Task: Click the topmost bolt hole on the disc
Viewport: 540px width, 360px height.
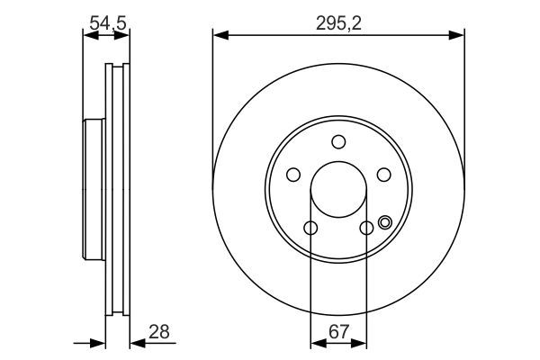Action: tap(338, 141)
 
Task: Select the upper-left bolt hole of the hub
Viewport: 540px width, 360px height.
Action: tap(292, 175)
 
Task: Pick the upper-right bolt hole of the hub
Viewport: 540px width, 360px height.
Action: tap(383, 175)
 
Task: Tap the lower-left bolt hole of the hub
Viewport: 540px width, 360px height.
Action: tap(310, 229)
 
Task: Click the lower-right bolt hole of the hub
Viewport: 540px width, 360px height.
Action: tap(366, 229)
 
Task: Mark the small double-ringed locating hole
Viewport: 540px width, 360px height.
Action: tap(386, 223)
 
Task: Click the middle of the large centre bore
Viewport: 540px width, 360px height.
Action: tap(338, 190)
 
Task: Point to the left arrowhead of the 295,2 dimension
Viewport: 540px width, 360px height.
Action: tap(219, 36)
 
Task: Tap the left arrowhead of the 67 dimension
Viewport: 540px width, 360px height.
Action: tap(315, 342)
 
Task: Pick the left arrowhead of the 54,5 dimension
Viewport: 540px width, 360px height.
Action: tap(87, 37)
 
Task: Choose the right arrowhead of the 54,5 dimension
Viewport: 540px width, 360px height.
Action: tap(125, 37)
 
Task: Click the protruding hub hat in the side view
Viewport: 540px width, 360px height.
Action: tap(93, 190)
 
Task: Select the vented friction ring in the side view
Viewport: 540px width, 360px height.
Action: tap(118, 190)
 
